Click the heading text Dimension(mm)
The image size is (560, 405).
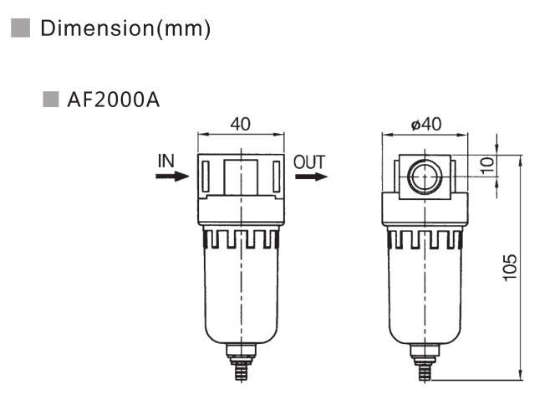coord(125,28)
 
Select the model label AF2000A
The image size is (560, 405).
coord(113,101)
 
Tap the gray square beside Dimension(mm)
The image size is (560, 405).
coord(21,28)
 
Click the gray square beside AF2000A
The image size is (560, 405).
coord(49,101)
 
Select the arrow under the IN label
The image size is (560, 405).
coord(172,177)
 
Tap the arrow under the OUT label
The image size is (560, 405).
coord(311,177)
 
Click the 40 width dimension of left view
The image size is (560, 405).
coord(240,125)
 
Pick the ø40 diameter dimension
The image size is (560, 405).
coord(426,125)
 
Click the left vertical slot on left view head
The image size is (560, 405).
coord(206,175)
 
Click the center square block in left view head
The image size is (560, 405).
coord(241,175)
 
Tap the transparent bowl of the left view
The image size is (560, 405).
coord(241,293)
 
